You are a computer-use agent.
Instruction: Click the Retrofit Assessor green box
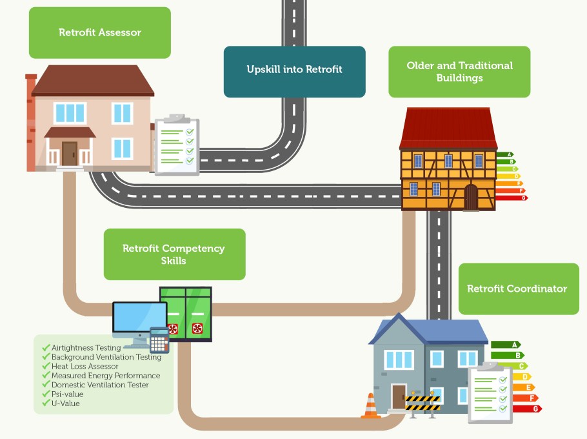tap(100, 32)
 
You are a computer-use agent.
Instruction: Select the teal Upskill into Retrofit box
tap(294, 70)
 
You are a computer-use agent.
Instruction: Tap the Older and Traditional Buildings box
tap(459, 72)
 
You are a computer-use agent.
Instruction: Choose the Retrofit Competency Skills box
tap(174, 254)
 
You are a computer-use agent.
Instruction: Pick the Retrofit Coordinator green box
tap(517, 289)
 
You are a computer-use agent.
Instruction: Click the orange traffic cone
tap(371, 406)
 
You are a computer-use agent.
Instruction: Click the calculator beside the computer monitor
tap(159, 340)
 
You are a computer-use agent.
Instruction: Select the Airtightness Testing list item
tap(86, 348)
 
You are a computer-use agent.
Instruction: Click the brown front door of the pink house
tap(70, 154)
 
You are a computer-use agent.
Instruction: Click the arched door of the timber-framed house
tap(472, 197)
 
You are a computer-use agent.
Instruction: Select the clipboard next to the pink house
tap(177, 146)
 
